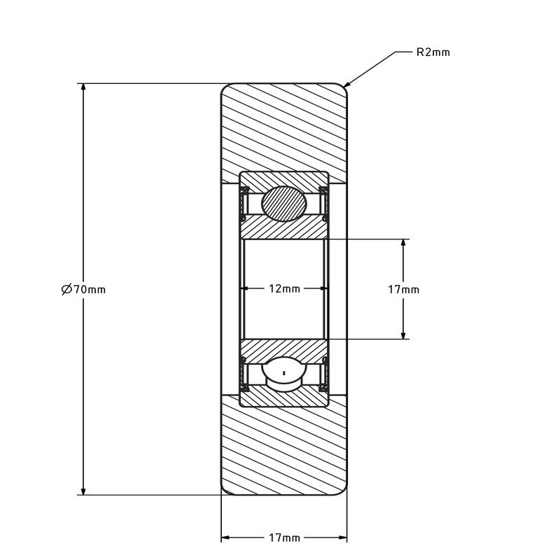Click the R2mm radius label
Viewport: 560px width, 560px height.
click(433, 52)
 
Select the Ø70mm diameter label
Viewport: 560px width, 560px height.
click(83, 289)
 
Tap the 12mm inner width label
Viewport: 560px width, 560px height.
click(284, 288)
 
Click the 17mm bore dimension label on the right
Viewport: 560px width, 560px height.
click(404, 289)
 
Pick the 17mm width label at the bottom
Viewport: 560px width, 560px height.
click(284, 537)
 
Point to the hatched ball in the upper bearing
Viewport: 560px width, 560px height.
click(284, 204)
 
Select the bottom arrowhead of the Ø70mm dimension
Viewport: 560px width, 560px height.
click(83, 491)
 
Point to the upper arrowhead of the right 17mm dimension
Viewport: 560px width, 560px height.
click(403, 243)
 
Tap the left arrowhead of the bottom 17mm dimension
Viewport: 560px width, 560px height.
click(225, 537)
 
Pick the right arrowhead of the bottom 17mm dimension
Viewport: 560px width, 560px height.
click(342, 537)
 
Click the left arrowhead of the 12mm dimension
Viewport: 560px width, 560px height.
click(248, 288)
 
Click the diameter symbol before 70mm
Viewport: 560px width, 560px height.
click(66, 289)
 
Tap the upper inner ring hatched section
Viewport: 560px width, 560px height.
click(284, 227)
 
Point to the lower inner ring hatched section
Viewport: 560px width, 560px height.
click(284, 351)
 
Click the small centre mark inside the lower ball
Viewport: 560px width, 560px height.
click(284, 373)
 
